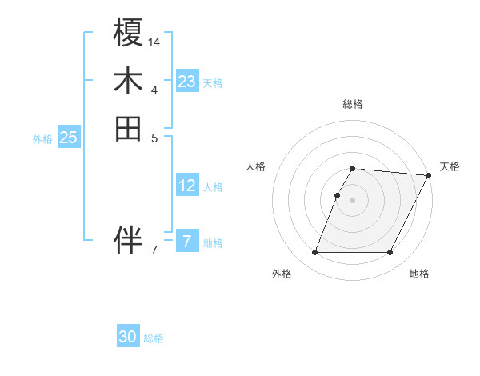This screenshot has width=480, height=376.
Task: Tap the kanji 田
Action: [129, 128]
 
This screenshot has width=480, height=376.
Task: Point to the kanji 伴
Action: [129, 240]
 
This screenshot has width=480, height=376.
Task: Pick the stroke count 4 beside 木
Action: [154, 89]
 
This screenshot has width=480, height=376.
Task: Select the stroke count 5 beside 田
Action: [154, 137]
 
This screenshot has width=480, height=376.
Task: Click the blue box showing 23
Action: [187, 81]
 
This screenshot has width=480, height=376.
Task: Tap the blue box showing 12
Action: [187, 186]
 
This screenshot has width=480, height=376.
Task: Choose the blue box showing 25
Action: [69, 138]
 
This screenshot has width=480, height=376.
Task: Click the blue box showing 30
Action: [128, 337]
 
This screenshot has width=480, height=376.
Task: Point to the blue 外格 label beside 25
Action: [42, 138]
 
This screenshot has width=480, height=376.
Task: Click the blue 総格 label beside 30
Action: [154, 338]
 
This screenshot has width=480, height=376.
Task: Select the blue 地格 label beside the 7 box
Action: [213, 242]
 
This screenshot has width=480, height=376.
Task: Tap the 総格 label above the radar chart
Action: [353, 104]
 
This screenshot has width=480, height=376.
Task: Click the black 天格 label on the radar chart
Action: [450, 166]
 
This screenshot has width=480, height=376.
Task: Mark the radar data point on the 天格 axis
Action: [430, 175]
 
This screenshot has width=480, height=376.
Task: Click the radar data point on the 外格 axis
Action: [314, 253]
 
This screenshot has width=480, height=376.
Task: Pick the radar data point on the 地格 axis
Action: [390, 253]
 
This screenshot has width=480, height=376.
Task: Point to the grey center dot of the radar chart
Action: [353, 200]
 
